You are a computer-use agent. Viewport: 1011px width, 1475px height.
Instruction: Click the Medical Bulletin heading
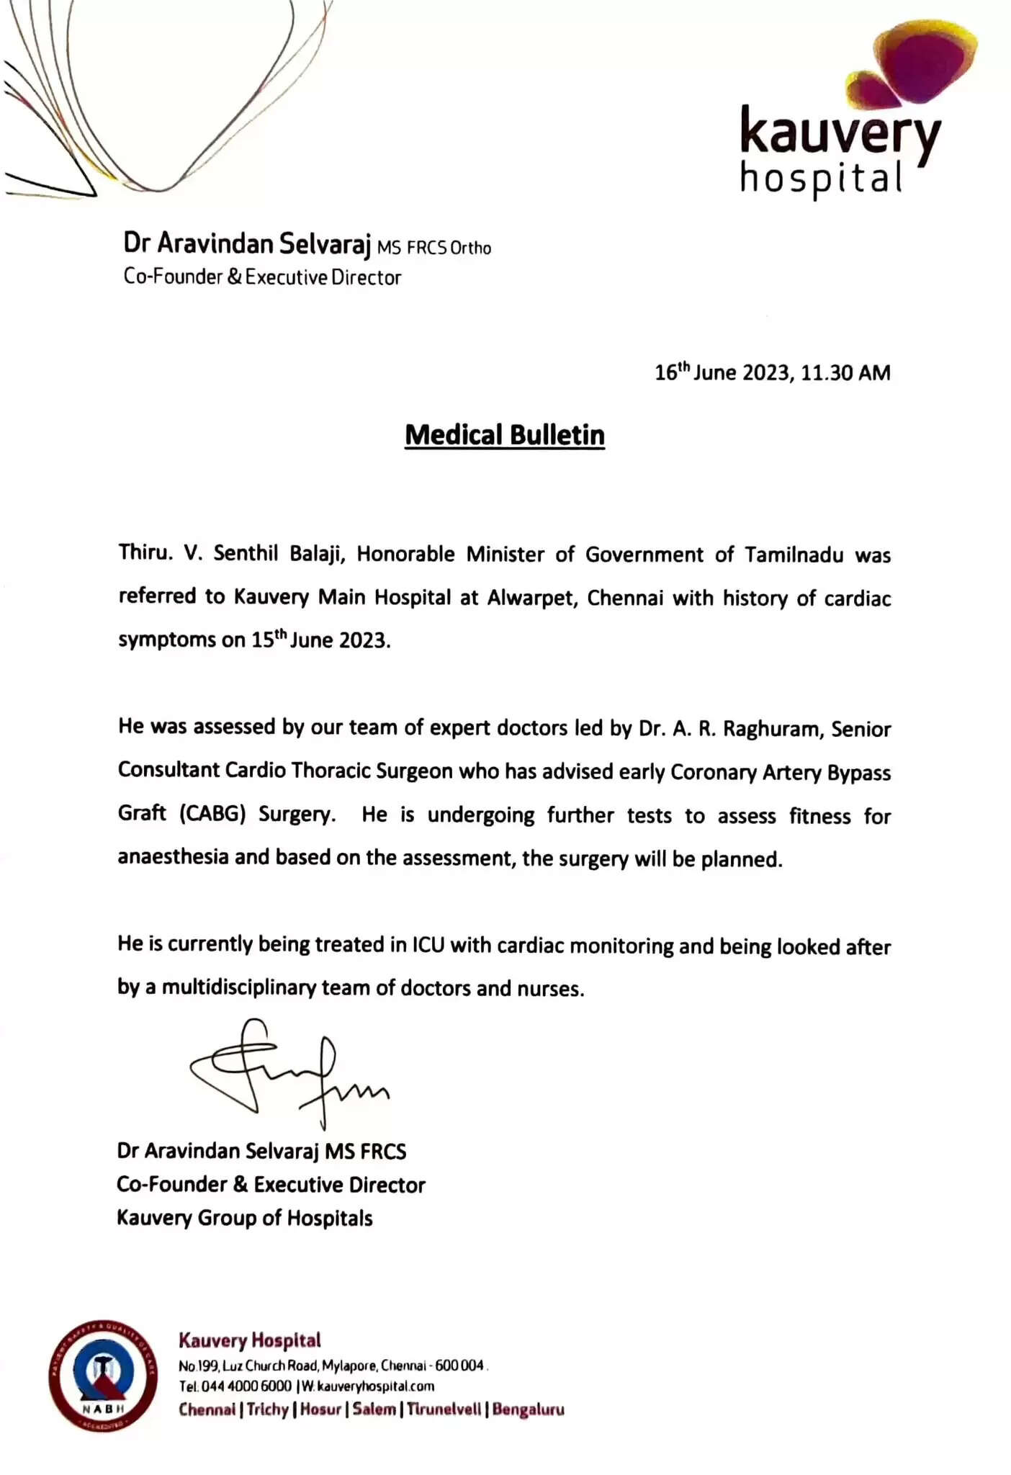click(504, 435)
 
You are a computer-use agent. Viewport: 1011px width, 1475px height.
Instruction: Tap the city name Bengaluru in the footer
click(528, 1409)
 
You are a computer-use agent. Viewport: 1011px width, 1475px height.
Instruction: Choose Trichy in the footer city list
click(267, 1409)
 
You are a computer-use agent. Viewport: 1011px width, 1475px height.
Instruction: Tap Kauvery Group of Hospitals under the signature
click(245, 1218)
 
